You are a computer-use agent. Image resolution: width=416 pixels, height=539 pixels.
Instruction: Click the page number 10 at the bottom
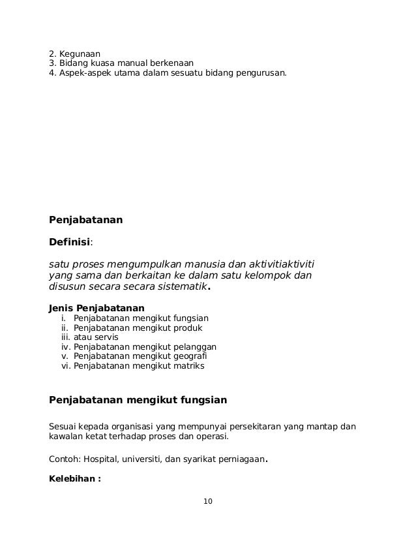pyautogui.click(x=208, y=501)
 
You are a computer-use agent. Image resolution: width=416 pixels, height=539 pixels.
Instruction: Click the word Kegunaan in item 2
pyautogui.click(x=78, y=53)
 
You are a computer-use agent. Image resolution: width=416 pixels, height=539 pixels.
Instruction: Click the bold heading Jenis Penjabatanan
pyautogui.click(x=97, y=308)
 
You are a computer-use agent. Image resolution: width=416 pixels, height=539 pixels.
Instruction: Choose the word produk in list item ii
pyautogui.click(x=189, y=328)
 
